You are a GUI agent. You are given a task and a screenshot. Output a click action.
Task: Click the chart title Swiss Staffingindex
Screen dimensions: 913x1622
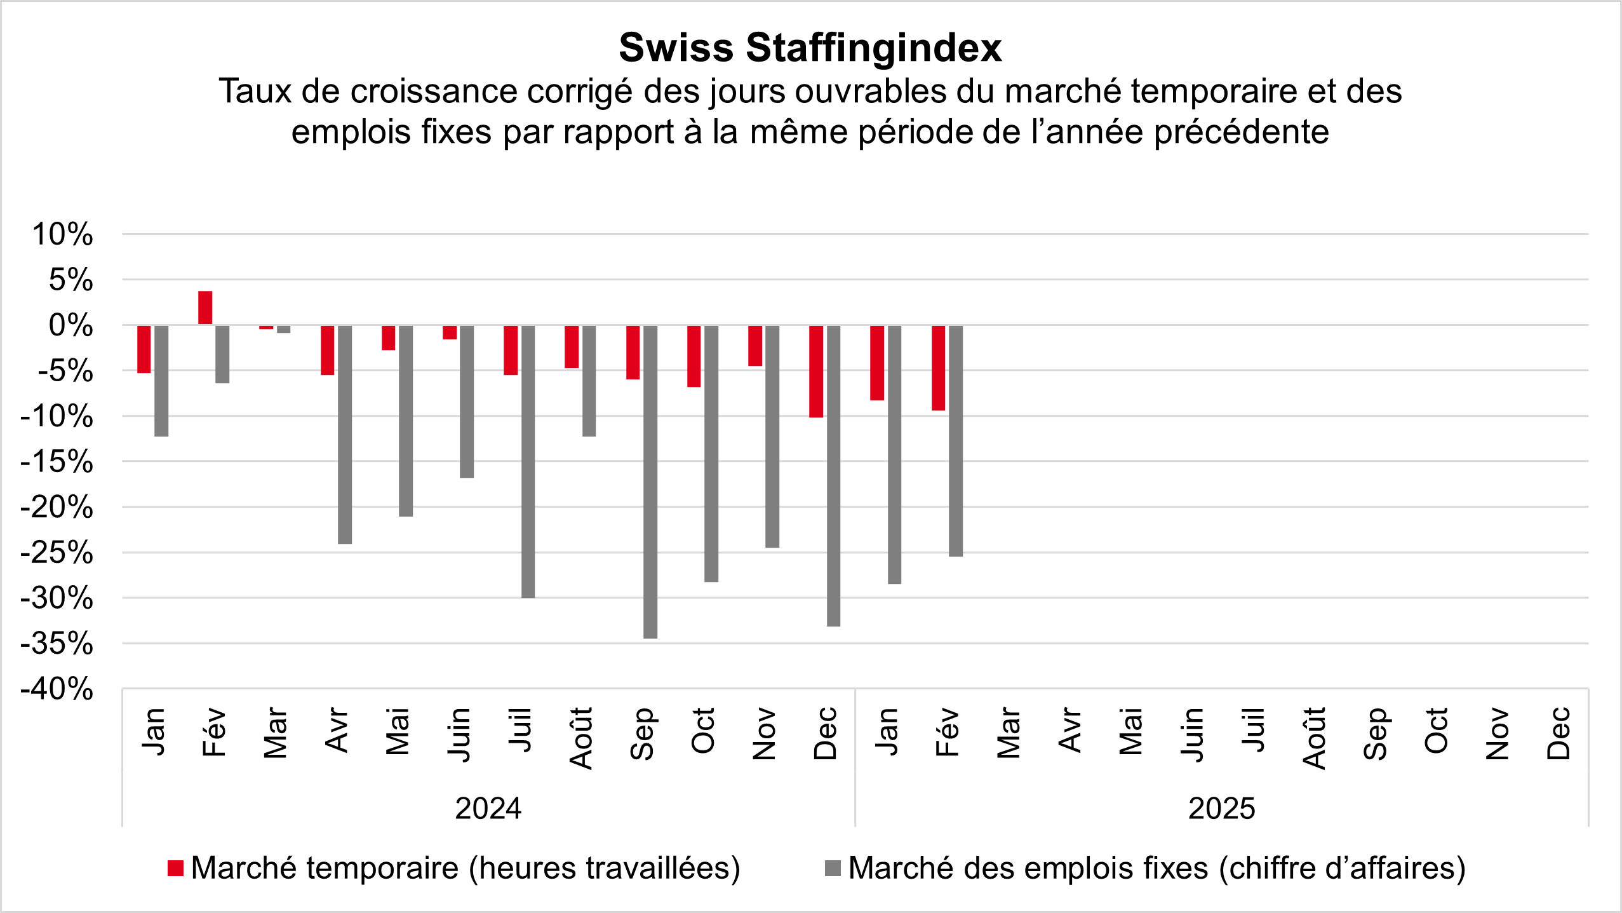810,48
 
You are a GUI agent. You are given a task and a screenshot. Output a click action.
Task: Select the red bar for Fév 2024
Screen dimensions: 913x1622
205,308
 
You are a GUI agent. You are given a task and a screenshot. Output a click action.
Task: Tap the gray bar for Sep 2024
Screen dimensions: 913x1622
650,482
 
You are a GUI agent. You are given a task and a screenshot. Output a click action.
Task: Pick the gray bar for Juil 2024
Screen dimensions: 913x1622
528,461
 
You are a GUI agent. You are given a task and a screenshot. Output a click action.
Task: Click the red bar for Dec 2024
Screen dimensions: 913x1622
816,371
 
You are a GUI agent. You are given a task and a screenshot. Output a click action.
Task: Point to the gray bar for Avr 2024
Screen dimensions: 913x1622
345,435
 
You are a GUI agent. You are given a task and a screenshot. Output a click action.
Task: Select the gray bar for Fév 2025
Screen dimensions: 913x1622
956,441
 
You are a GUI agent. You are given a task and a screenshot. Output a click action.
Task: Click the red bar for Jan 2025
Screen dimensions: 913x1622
877,363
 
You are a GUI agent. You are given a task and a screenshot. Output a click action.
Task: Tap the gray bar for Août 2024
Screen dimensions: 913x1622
589,381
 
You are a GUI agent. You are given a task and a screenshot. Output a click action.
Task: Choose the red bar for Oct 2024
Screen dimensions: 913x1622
694,356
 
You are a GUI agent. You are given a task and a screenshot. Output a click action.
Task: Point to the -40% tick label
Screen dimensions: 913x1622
57,689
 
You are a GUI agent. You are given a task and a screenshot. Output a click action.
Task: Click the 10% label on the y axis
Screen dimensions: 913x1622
62,234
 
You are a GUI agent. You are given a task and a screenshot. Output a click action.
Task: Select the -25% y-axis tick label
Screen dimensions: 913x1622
57,553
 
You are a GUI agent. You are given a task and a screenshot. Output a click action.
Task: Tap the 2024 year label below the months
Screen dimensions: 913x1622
488,809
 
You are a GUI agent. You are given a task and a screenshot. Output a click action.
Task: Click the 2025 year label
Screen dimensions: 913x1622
1221,809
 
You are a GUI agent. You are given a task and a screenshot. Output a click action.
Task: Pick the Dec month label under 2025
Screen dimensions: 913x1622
1558,733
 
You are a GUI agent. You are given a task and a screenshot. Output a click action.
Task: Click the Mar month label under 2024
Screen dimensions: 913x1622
276,733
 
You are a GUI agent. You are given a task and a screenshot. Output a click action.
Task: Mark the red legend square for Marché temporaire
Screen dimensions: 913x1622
176,868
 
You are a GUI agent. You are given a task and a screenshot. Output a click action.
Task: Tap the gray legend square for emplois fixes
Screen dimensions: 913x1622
833,868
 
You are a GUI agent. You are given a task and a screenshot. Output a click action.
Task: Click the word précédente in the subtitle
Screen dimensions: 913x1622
1241,132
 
